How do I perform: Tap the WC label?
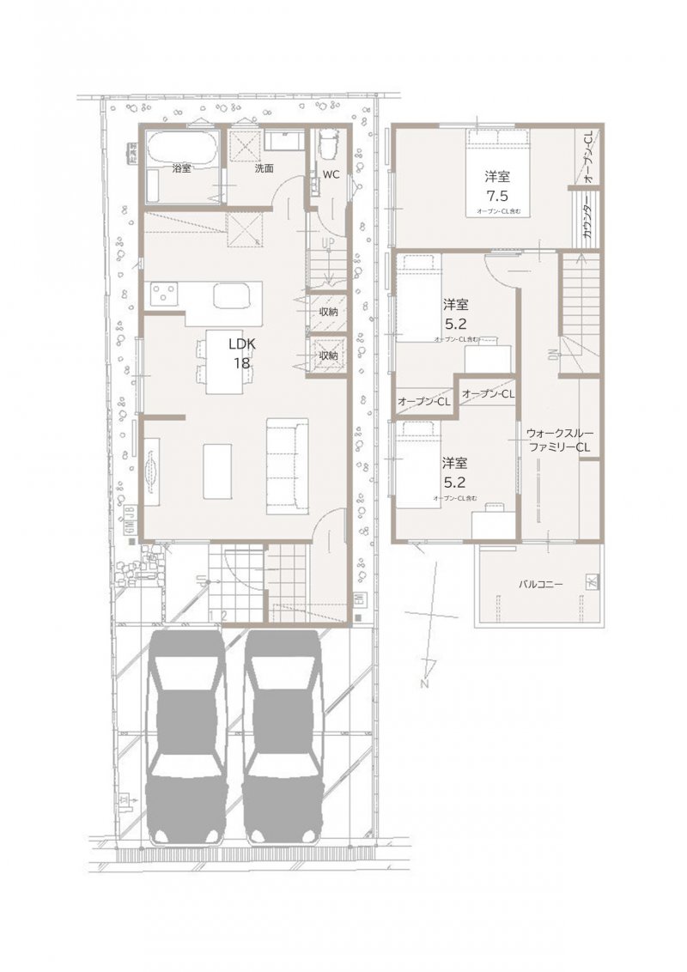(x=331, y=174)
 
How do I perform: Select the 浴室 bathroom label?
(x=181, y=168)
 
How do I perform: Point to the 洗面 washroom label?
(x=264, y=168)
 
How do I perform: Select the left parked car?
(x=185, y=734)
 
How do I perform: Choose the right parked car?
(x=283, y=734)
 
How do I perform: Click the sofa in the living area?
(x=287, y=465)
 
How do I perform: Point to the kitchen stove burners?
(x=165, y=295)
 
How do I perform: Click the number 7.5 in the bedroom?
(x=497, y=194)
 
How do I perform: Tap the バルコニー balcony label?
(x=540, y=584)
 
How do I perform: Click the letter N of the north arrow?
(x=424, y=684)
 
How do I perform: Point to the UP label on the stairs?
(x=327, y=244)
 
